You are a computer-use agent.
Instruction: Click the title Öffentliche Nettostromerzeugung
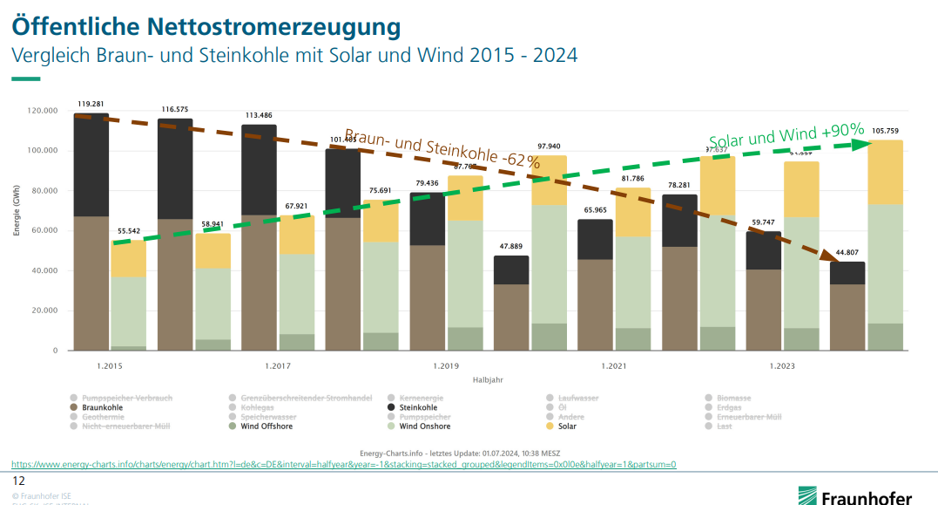tap(206, 26)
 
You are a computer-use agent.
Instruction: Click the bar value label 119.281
tap(91, 103)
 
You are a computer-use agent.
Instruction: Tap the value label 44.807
tap(847, 253)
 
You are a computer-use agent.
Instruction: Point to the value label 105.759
tap(885, 131)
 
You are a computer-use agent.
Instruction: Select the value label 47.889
tap(511, 247)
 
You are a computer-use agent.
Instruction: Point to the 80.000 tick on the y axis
tap(43, 191)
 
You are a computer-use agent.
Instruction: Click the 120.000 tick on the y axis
tap(43, 111)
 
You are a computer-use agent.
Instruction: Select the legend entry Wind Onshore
tap(423, 427)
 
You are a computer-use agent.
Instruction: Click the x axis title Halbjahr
tap(488, 380)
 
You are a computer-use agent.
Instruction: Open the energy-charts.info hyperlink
tap(343, 464)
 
